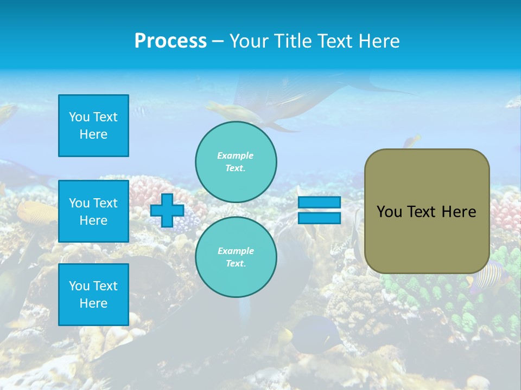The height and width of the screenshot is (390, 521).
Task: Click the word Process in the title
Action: coord(170,41)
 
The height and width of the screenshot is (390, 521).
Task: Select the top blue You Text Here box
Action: coord(93,126)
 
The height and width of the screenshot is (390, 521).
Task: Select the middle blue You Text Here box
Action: coord(93,211)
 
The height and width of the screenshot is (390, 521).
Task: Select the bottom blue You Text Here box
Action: coord(93,295)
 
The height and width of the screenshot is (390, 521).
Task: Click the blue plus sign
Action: coord(167,210)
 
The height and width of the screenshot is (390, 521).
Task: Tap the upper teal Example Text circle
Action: coord(236,162)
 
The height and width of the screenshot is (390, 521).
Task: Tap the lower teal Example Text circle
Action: coord(236,257)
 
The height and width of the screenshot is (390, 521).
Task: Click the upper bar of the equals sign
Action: coord(319,203)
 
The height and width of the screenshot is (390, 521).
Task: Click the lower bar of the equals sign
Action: coord(319,218)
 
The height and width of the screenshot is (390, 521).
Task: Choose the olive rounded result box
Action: coord(427,211)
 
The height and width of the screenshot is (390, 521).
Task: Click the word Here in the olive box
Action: coord(459,212)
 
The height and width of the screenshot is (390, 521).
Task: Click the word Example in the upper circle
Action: coord(236,155)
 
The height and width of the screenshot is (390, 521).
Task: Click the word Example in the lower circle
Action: coord(236,251)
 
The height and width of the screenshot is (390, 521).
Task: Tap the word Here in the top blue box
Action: coord(93,134)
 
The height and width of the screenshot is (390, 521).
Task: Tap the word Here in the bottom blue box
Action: coord(93,303)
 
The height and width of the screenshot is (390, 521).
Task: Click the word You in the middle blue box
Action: coord(79,203)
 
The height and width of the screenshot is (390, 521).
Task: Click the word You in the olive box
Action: coord(389,212)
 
